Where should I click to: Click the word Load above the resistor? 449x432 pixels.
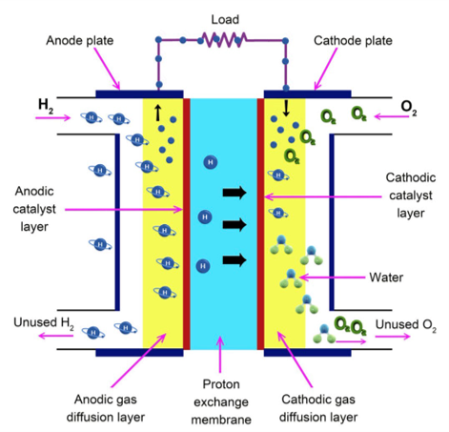coord(225,20)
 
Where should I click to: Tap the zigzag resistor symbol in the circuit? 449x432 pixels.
coord(224,40)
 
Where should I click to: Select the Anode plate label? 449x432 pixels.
coord(80,41)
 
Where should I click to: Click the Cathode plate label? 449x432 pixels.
coord(353,41)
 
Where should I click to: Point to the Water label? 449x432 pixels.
coord(386,278)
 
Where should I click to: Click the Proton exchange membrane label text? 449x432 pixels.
coord(221,402)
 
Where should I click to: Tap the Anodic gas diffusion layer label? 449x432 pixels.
coord(106,408)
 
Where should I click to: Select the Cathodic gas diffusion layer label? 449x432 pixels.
coord(318,408)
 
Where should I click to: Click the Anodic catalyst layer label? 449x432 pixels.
coord(34,209)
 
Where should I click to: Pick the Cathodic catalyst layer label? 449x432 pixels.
coord(411,195)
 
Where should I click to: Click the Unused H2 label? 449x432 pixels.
coord(44,323)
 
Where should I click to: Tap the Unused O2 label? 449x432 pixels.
coord(406,325)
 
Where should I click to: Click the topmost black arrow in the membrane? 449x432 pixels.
coord(235,193)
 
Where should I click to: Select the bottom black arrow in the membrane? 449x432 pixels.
coord(235,260)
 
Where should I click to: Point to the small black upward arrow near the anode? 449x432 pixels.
coord(158,113)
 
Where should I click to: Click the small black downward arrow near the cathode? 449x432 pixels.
coord(286,108)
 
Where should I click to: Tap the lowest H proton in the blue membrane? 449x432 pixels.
coord(203,266)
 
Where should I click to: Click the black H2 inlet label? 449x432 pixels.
coord(46,106)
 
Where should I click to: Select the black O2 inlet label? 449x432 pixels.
coord(409,108)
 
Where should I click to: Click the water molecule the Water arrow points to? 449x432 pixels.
coord(291,279)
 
